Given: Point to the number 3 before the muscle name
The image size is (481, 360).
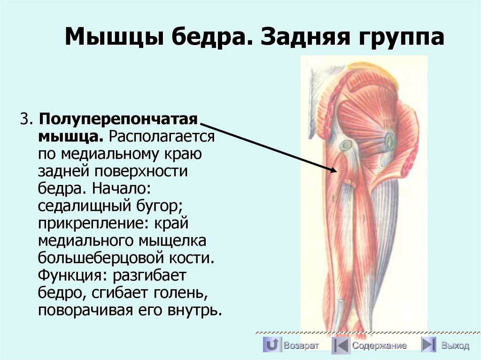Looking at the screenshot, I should [x=24, y=119].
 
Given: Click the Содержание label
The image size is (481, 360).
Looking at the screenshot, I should [x=380, y=346].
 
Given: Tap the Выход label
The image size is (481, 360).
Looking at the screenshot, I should [x=455, y=346].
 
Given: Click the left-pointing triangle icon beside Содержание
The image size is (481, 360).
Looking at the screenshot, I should [x=340, y=345].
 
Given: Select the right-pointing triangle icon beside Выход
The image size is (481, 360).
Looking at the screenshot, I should [x=427, y=345].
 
